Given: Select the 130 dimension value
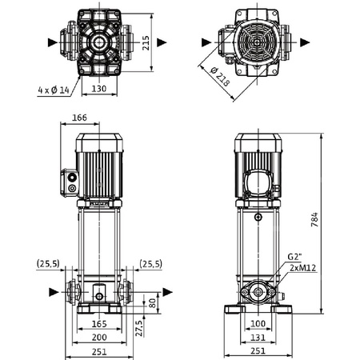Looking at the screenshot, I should pos(99,90).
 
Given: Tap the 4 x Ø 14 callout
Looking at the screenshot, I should pos(45,90).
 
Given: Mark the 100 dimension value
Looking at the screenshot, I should pos(257,323).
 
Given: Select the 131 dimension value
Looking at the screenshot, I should pos(257,338).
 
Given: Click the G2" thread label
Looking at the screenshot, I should pos(295,256).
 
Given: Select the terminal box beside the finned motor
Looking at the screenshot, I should pos(70,181).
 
